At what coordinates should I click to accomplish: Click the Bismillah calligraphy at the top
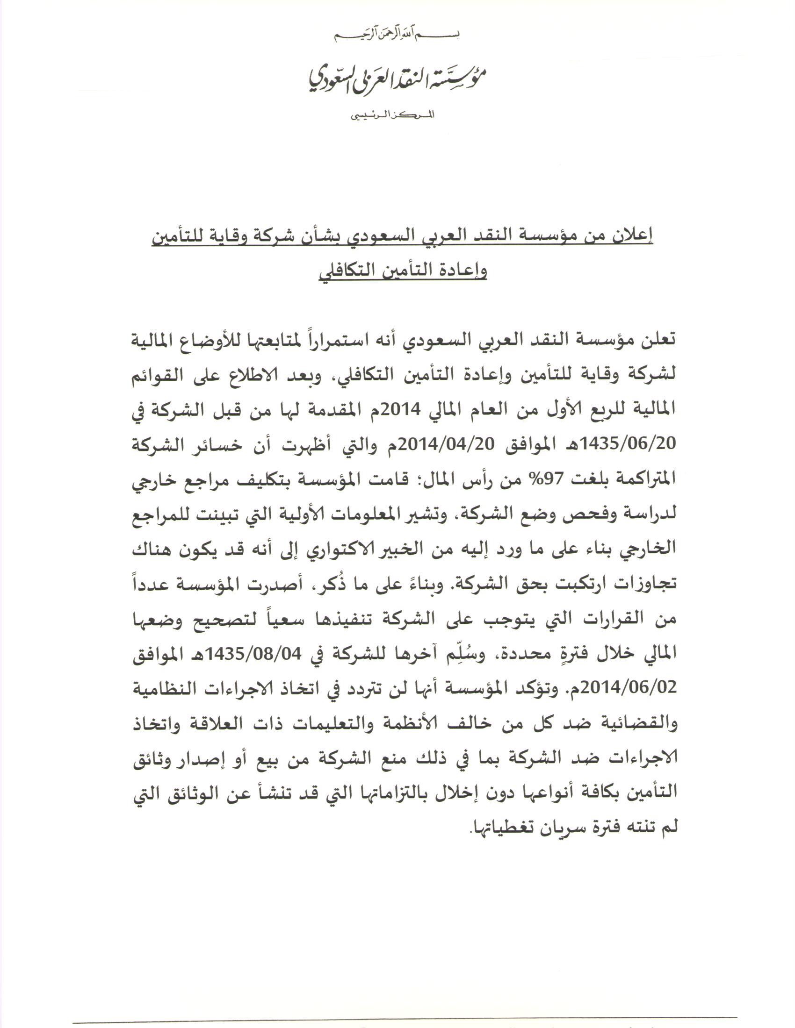coord(397,35)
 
